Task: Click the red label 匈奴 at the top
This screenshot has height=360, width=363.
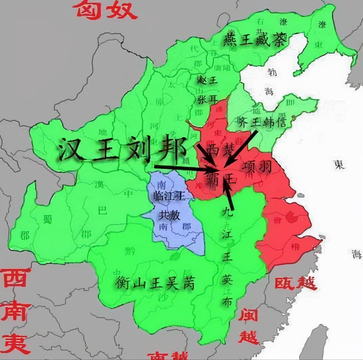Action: coord(105,10)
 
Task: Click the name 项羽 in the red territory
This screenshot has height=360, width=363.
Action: coord(258,166)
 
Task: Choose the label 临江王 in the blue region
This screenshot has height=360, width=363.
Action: coord(168,196)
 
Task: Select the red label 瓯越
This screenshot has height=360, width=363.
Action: coord(296,283)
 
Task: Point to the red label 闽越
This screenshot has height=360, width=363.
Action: coord(248,326)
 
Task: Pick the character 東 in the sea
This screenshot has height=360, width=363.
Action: coord(339,165)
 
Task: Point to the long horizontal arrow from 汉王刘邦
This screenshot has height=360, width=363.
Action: coord(185,168)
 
